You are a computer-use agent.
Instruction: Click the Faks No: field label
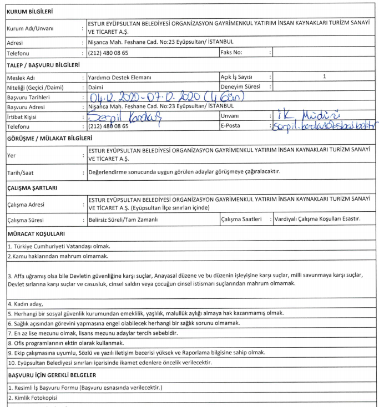pos(231,53)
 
